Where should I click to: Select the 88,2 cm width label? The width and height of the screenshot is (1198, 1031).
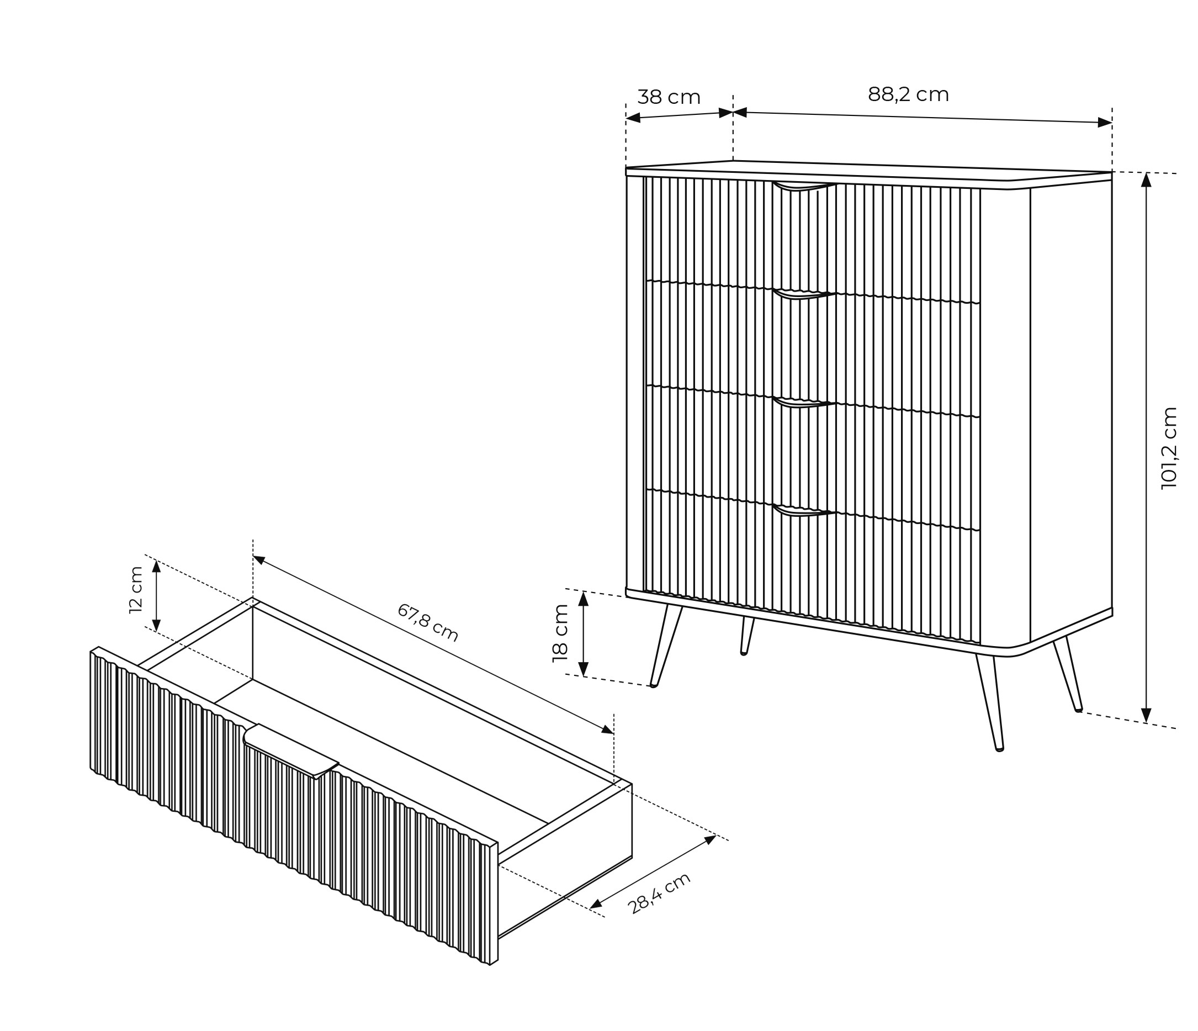(908, 94)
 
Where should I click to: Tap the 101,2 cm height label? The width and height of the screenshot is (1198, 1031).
(1169, 448)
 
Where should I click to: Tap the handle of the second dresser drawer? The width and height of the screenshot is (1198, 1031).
(804, 294)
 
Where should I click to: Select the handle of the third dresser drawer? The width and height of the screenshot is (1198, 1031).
(804, 403)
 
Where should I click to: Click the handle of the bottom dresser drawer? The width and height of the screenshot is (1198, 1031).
(804, 510)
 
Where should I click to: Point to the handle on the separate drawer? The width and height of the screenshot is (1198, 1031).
(291, 751)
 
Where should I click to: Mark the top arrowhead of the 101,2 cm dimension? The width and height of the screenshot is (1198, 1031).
(1147, 180)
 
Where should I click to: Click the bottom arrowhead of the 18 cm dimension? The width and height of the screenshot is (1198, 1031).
(584, 668)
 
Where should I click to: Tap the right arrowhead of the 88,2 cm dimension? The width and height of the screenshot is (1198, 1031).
(1104, 122)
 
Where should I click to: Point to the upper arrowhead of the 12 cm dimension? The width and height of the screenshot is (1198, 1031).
(156, 566)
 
